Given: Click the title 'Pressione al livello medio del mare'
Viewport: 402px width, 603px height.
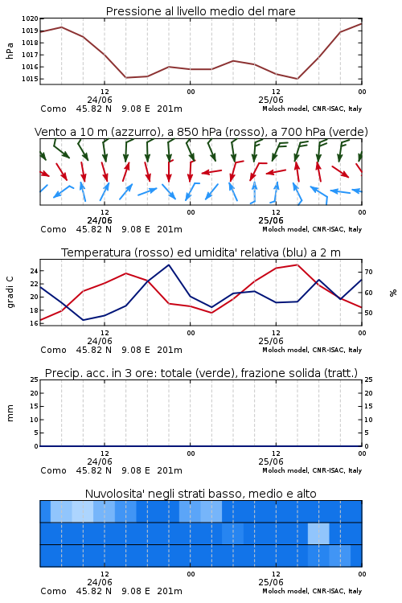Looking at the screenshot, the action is click(x=201, y=11).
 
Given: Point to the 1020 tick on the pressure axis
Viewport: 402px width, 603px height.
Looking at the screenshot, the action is click(x=30, y=18).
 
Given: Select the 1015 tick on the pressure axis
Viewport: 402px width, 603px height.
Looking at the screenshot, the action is click(x=30, y=79).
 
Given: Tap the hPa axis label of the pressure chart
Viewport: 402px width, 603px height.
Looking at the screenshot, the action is click(x=10, y=51).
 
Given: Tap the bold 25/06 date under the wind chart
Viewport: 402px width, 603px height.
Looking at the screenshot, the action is click(x=271, y=221).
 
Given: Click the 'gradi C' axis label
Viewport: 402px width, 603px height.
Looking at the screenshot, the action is click(x=10, y=293).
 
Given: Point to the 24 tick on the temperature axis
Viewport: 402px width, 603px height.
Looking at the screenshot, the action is click(x=35, y=271).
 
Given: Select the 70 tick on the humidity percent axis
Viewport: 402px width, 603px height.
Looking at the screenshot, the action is click(x=368, y=272).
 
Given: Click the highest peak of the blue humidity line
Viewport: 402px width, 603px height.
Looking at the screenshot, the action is click(x=169, y=265).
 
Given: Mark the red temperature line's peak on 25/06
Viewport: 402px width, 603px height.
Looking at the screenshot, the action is click(x=297, y=265).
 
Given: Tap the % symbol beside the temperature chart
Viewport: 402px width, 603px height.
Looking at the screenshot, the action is click(x=393, y=293).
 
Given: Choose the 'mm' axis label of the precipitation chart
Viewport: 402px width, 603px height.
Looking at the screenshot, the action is click(x=10, y=413).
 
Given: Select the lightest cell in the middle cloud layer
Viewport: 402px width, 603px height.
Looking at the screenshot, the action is click(x=318, y=534).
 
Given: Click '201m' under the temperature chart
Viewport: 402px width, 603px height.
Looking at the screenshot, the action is click(x=170, y=350).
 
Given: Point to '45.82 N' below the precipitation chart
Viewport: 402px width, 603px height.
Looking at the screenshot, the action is click(x=94, y=470).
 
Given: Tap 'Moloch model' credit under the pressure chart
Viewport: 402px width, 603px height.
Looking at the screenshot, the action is click(x=285, y=109).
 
